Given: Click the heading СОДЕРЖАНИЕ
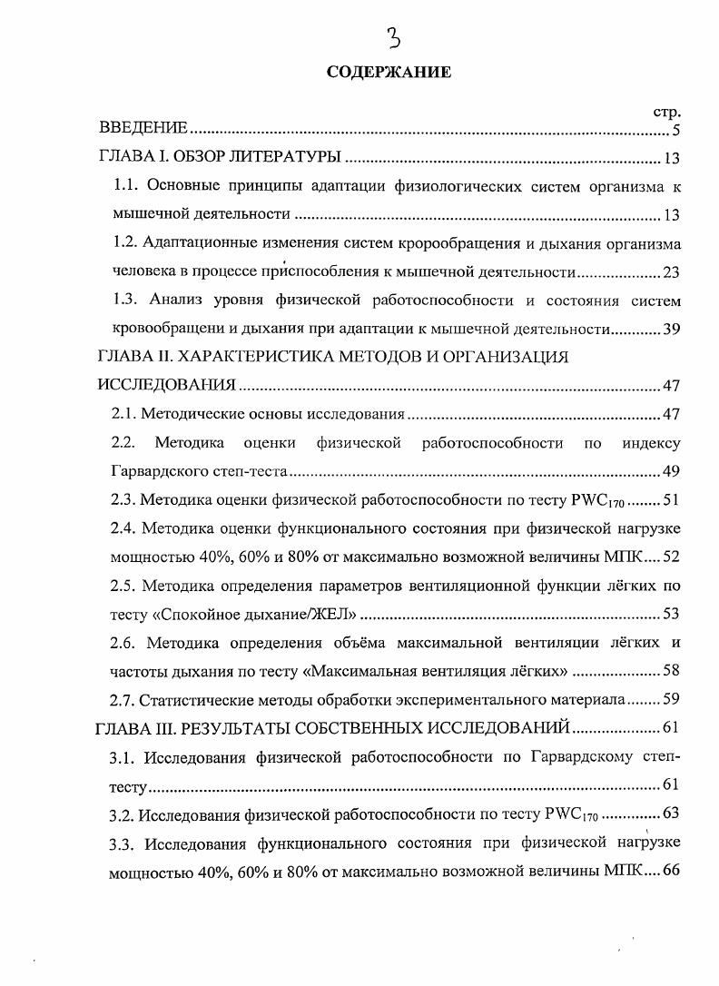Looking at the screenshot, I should [x=389, y=74].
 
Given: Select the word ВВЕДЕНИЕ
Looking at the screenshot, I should [x=143, y=128].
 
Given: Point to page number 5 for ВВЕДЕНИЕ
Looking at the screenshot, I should [x=676, y=131].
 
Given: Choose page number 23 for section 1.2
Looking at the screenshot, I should [x=671, y=272].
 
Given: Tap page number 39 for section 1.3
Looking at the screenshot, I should [x=671, y=329].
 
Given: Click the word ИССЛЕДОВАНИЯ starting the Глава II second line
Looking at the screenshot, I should [x=167, y=386].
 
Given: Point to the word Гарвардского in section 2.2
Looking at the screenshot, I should [x=153, y=471].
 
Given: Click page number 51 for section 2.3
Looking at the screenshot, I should [x=671, y=499].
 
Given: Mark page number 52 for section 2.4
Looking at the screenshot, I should [x=671, y=556].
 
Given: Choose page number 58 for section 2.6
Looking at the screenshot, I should [x=671, y=670].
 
